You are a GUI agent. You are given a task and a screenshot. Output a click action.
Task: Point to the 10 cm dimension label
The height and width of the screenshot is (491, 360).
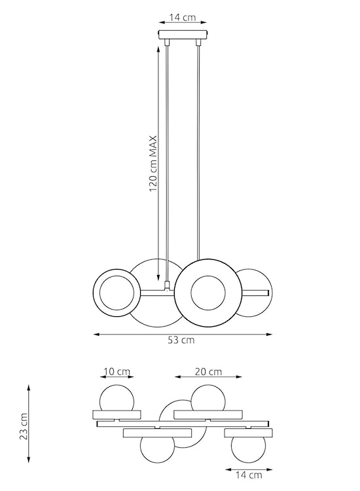pos(117,372)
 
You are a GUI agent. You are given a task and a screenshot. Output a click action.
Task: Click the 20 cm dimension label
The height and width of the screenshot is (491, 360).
pos(209,372)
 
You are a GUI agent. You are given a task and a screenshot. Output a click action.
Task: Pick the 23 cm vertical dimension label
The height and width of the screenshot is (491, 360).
pos(24,426)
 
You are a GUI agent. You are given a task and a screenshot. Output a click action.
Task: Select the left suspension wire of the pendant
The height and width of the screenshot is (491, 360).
pos(167,164)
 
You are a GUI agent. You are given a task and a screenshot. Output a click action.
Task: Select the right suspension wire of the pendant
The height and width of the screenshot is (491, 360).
pos(198,164)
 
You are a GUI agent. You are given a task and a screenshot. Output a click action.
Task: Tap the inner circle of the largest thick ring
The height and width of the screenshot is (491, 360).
pos(207,292)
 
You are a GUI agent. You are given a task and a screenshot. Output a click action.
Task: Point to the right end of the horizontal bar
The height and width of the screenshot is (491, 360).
pos(267,291)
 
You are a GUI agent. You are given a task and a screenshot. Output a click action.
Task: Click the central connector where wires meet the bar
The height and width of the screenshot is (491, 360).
pos(168,286)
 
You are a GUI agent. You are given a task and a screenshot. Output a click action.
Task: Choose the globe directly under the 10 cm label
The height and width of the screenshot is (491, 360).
pos(117,400)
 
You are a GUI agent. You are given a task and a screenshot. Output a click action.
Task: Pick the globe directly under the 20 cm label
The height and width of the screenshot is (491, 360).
pos(207,399)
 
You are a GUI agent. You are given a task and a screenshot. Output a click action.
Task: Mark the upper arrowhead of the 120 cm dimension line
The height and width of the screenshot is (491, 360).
pos(159,48)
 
